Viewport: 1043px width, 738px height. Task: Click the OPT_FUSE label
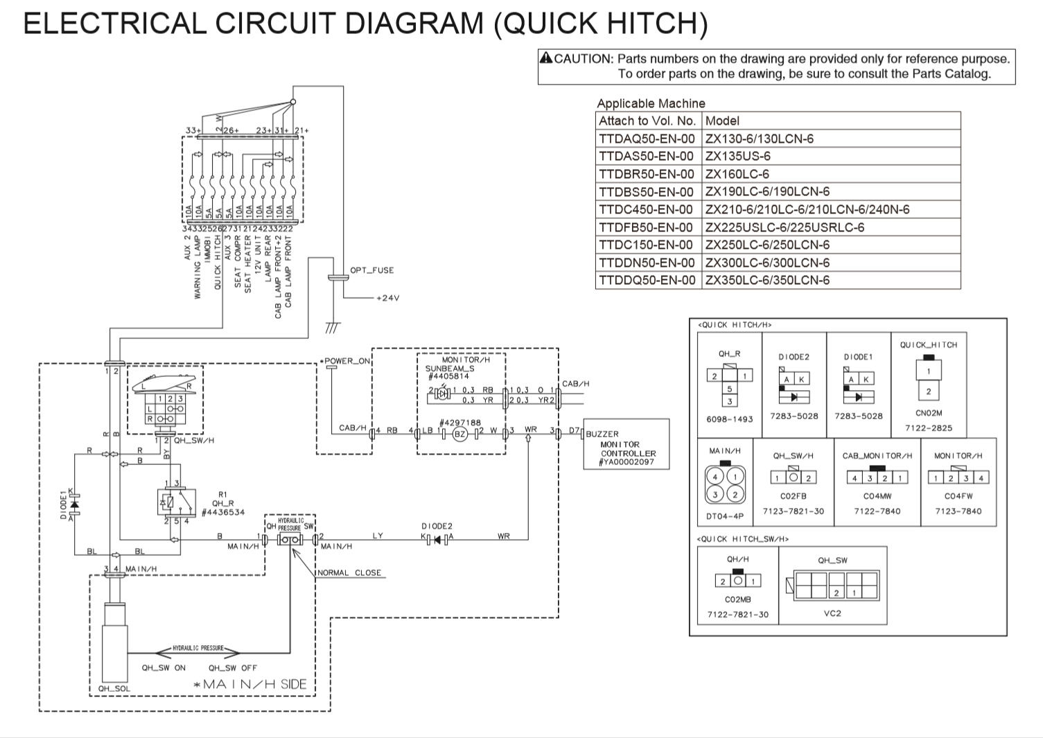click(371, 270)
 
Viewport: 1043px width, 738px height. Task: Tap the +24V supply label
click(387, 298)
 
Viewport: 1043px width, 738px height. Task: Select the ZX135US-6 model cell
click(737, 156)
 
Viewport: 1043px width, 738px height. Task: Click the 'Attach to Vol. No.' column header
click(647, 121)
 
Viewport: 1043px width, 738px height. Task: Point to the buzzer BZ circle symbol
click(459, 434)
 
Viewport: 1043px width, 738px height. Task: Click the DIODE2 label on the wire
click(437, 526)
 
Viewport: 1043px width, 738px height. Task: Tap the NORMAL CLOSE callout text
click(349, 573)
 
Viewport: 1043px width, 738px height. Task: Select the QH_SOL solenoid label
click(114, 689)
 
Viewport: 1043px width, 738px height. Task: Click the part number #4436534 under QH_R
click(222, 513)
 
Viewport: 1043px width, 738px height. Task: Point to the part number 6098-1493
click(729, 419)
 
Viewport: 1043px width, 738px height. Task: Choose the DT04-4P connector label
click(725, 516)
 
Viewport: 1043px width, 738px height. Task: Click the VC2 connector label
click(832, 613)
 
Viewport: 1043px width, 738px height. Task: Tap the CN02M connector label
click(929, 413)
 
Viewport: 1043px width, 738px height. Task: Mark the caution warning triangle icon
click(546, 58)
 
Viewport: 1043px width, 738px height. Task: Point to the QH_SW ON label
click(164, 668)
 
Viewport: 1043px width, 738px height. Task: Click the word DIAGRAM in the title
click(414, 23)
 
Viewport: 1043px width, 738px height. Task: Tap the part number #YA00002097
click(626, 462)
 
